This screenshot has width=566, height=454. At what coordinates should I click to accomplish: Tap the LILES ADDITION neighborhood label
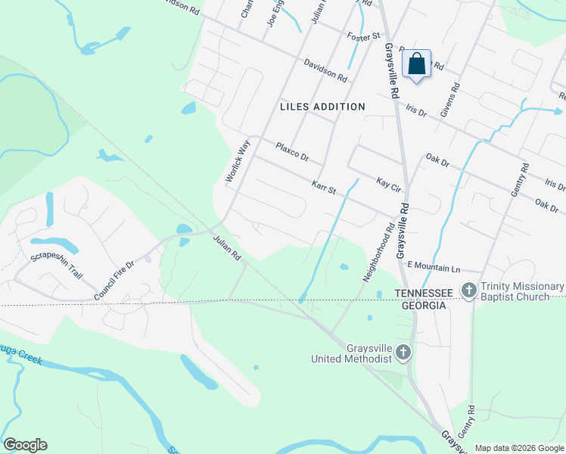pyautogui.click(x=322, y=107)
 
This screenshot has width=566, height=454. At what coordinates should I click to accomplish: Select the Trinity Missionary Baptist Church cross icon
pyautogui.click(x=469, y=290)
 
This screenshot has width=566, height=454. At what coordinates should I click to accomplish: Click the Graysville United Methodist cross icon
pyautogui.click(x=404, y=352)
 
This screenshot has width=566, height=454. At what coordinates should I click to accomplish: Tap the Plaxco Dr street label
pyautogui.click(x=293, y=151)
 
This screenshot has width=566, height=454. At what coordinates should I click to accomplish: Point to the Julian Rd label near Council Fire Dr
pyautogui.click(x=226, y=247)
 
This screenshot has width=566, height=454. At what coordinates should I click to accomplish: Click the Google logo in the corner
pyautogui.click(x=25, y=445)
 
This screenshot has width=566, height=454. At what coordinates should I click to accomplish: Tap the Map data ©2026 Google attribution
pyautogui.click(x=519, y=448)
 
